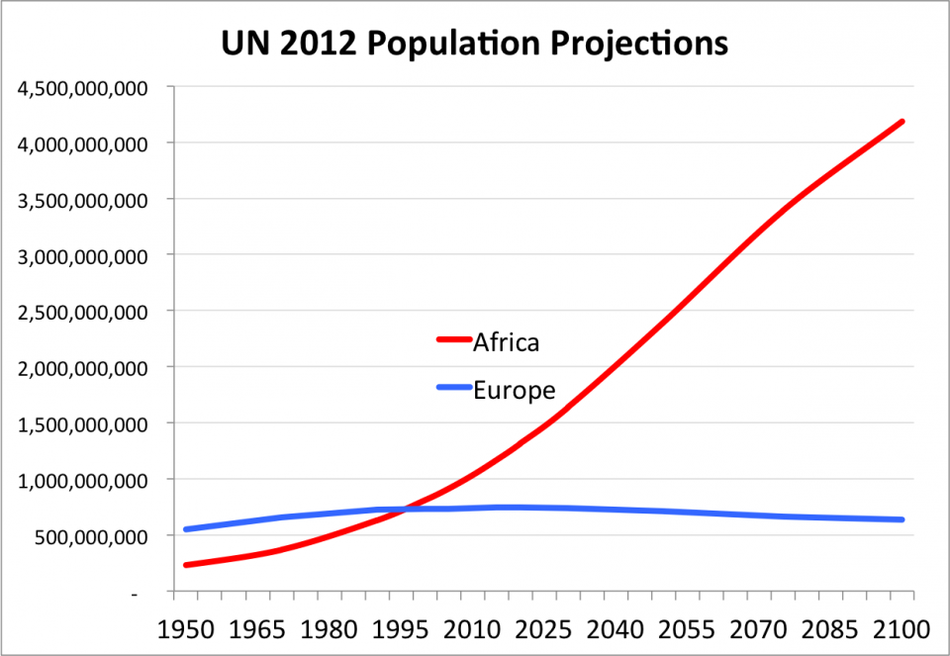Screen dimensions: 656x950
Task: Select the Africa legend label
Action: [506, 342]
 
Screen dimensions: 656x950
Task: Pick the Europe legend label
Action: [514, 389]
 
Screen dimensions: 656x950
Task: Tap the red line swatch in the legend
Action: [453, 340]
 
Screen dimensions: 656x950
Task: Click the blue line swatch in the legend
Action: [453, 387]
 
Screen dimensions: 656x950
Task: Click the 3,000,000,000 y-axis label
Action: [82, 255]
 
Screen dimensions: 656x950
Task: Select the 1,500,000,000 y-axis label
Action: [82, 423]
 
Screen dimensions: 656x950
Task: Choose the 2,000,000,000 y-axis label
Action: [82, 368]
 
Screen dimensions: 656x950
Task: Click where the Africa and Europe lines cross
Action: [408, 509]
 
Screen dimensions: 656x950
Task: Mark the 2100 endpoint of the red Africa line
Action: [902, 121]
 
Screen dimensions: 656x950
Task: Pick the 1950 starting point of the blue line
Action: [186, 529]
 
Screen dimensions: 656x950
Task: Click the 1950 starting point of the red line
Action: [186, 565]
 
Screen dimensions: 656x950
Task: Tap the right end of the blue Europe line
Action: [902, 519]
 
